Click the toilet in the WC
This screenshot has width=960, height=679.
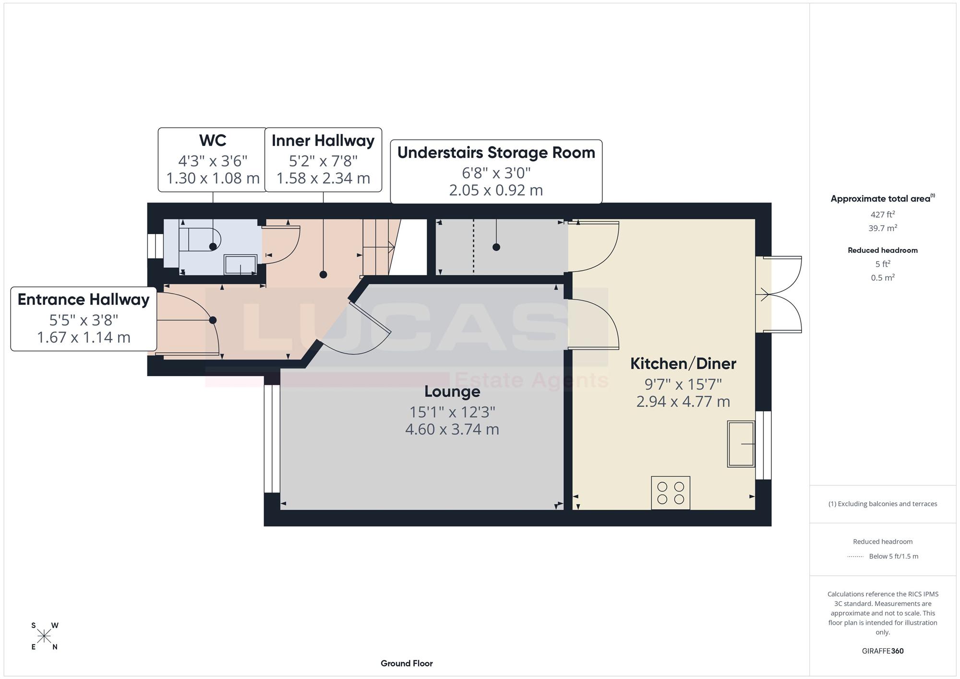[200, 238]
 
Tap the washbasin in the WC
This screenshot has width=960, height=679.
[240, 264]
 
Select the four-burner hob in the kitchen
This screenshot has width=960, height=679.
[671, 493]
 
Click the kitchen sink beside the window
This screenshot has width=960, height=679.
[741, 444]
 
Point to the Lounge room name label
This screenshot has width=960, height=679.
[452, 392]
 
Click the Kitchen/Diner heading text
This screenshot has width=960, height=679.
[683, 363]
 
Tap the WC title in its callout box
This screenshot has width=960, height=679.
[213, 141]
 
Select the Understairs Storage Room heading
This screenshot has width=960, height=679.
[496, 153]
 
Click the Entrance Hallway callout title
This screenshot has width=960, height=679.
[84, 299]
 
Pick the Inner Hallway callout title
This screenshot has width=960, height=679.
[323, 141]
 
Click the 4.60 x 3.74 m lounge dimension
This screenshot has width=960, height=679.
[452, 429]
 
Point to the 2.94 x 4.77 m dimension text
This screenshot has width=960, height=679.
[683, 402]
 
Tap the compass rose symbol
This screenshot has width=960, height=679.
[44, 636]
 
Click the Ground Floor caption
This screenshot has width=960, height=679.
[407, 663]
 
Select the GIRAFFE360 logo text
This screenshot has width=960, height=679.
[883, 651]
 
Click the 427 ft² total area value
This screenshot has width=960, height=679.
[883, 214]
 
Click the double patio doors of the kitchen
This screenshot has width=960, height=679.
[779, 294]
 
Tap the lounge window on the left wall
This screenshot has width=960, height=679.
[272, 439]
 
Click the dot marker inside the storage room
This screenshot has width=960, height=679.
[496, 247]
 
